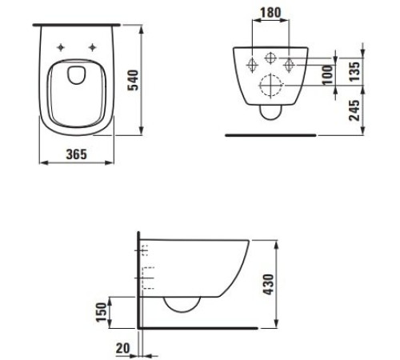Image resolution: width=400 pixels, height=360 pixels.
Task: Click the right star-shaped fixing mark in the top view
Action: point(95,45)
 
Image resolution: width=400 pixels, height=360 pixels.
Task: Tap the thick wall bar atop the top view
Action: point(77,24)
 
